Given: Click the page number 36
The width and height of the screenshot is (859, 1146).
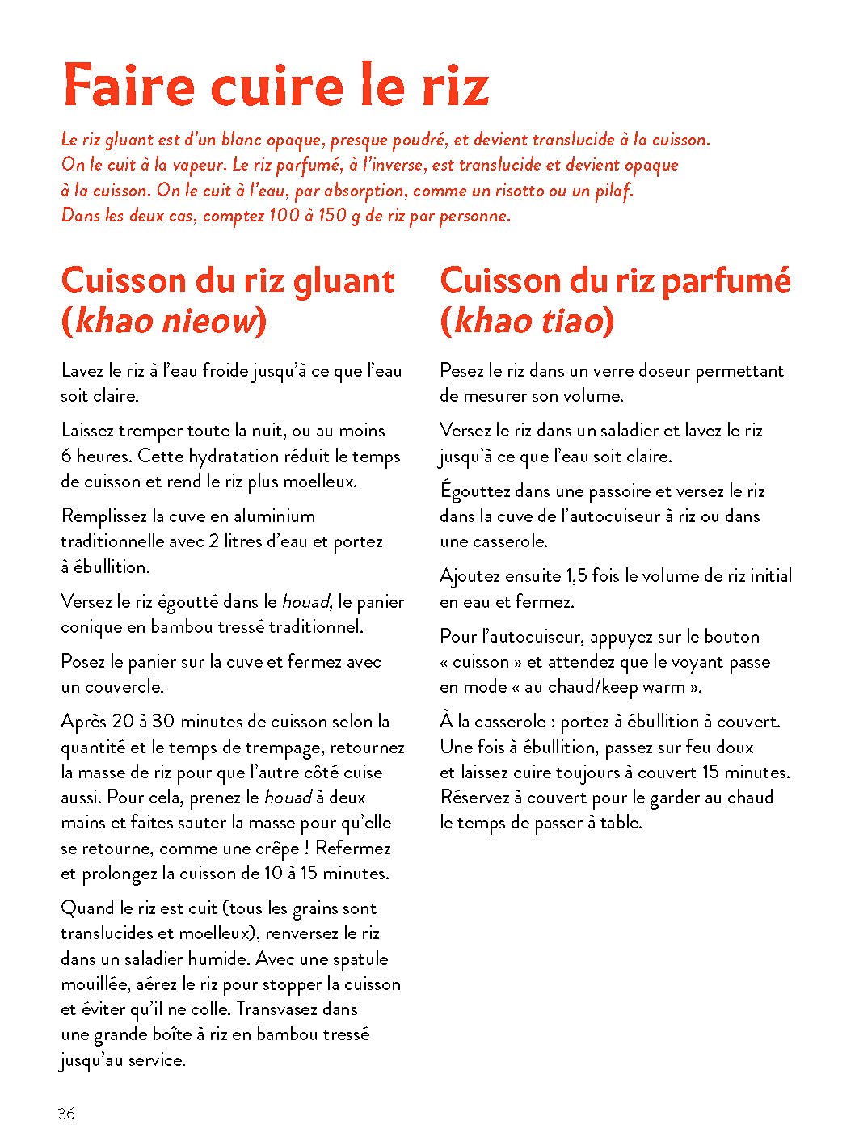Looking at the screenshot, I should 66,1114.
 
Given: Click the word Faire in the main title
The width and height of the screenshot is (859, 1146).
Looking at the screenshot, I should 129,85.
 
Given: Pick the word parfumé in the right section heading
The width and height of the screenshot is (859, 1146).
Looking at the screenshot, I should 725,281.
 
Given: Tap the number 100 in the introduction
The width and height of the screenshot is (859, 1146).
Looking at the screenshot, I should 280,217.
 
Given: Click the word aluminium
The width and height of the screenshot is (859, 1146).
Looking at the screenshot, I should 274,516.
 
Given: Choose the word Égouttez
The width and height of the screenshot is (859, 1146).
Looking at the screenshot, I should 475,491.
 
